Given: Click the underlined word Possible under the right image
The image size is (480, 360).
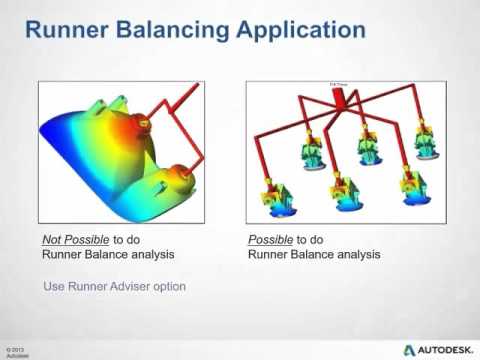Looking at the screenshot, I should point(267,240).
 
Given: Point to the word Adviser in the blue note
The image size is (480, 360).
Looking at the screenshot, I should point(127,286).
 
